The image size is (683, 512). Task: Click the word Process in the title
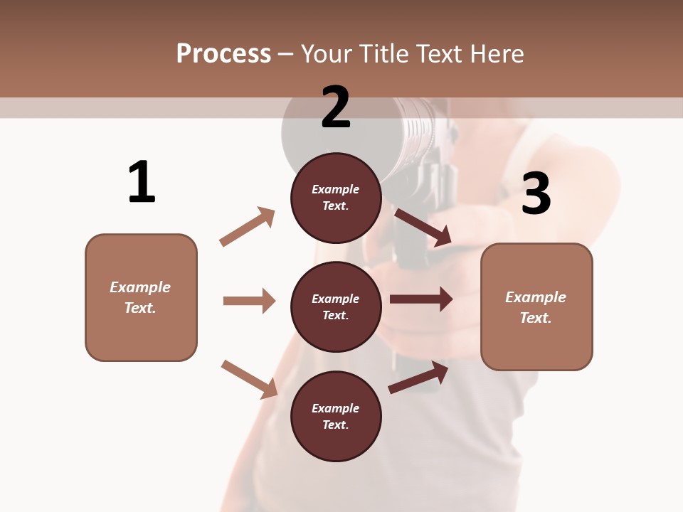pos(223,53)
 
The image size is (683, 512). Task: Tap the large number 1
pos(142,183)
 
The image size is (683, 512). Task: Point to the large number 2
pos(336,108)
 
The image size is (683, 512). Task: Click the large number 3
pos(536,193)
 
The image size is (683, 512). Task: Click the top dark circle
pos(336,198)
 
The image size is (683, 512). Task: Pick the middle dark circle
pos(336,306)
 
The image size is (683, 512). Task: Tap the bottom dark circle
pos(336,416)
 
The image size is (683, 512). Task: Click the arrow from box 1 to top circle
pos(247,227)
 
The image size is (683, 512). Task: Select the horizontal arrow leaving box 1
pos(249,301)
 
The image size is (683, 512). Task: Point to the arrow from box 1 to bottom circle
pos(249,378)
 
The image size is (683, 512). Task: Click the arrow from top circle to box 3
pos(423,227)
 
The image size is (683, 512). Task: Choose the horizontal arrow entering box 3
pos(420,299)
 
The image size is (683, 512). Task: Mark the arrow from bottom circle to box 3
pos(418,377)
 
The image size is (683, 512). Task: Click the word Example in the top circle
pos(336,189)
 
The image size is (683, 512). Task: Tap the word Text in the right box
pos(535,318)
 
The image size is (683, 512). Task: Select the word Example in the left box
pos(140,287)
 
